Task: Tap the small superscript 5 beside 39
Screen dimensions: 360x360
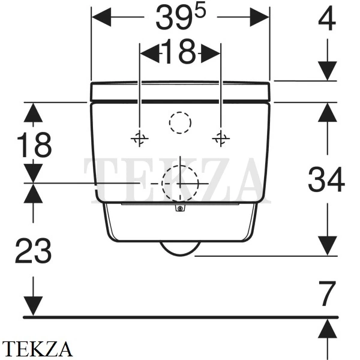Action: [200, 11]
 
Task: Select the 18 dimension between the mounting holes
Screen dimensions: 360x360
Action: [180, 52]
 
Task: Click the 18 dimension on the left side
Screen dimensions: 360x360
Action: [34, 145]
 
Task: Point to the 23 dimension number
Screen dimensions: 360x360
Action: [33, 250]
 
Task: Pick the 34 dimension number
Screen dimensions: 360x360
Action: [326, 179]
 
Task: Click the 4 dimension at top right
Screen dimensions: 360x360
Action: [327, 19]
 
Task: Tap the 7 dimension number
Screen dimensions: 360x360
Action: [328, 293]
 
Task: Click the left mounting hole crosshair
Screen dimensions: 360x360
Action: [140, 139]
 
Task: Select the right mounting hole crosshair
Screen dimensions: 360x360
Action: [221, 139]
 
